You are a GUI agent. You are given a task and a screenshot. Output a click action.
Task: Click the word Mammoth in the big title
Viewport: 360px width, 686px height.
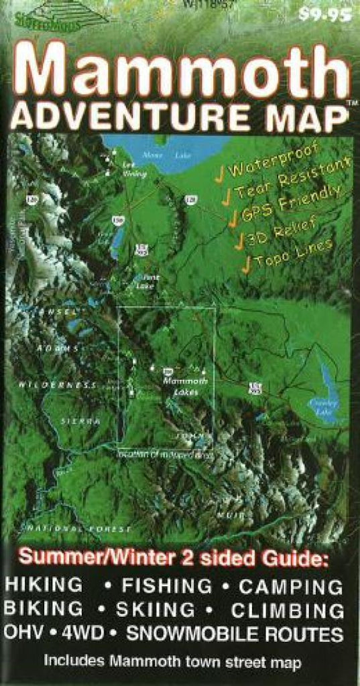point(180,70)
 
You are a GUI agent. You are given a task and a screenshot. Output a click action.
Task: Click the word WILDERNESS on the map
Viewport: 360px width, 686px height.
point(57,385)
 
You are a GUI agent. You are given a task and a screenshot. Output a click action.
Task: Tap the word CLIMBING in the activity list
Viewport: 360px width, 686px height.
point(288,610)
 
